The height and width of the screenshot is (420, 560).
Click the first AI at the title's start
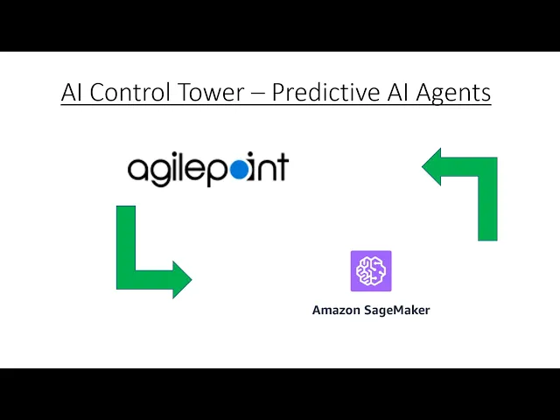[x=73, y=92]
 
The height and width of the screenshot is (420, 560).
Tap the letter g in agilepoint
[x=160, y=172]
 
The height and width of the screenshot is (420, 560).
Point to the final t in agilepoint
[x=282, y=167]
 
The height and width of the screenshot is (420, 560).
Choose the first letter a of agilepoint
[x=138, y=169]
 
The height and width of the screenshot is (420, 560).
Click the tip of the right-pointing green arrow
[x=189, y=279]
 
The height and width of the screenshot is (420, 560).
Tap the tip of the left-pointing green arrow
[x=425, y=167]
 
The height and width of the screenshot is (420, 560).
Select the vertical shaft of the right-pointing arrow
[x=126, y=241]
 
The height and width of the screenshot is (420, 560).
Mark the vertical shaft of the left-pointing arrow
[x=487, y=206]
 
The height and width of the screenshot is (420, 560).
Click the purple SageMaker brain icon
[x=371, y=271]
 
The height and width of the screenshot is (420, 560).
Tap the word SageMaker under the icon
[x=397, y=310]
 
